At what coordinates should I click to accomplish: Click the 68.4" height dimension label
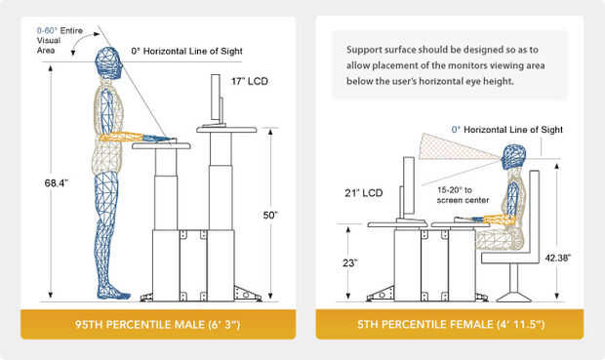57,182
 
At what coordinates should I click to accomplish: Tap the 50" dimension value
270,215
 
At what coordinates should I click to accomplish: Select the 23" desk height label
350,263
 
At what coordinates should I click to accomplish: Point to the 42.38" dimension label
557,258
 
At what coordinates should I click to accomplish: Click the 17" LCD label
249,81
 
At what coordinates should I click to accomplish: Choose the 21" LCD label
363,193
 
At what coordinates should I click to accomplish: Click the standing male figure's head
109,63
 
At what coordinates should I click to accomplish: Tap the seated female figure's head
513,157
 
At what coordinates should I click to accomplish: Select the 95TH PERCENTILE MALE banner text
158,324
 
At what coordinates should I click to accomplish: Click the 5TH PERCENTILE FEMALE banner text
451,324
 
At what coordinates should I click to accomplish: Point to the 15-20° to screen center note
463,195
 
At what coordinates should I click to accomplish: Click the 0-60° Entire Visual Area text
60,40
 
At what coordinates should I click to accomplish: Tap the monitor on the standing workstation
216,100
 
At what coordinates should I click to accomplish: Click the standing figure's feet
114,293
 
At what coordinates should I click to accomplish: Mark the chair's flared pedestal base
513,297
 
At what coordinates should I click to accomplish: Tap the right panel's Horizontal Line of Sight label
507,130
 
